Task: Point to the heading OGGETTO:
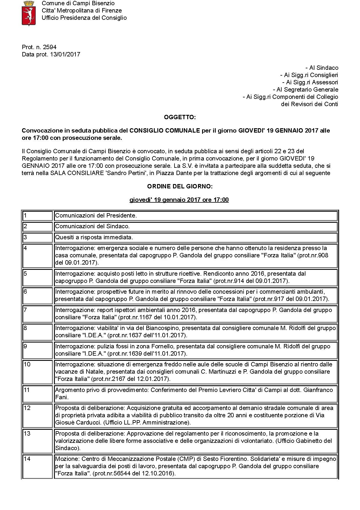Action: tap(180, 117)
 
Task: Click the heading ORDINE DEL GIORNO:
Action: tap(180, 186)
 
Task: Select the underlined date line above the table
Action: tap(179, 200)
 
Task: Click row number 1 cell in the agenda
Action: tap(37, 216)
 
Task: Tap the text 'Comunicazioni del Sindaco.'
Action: tap(92, 226)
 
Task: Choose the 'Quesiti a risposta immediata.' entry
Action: tap(94, 237)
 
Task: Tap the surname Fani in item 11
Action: tap(62, 397)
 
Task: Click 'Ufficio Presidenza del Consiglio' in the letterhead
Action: tap(84, 18)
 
